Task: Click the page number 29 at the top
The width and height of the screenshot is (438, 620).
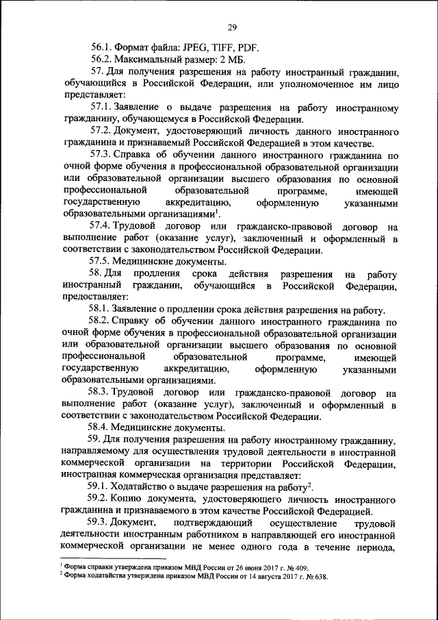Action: pyautogui.click(x=232, y=27)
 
